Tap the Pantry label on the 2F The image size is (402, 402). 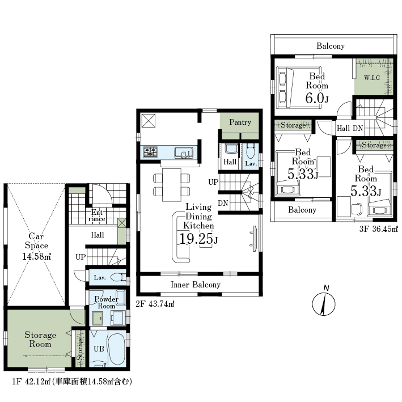[240, 122]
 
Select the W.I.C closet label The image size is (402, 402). [372, 78]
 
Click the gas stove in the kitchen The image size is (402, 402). [150, 152]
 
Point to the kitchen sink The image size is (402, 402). [184, 153]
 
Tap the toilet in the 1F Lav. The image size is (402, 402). [120, 277]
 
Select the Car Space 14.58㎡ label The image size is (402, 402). [36, 246]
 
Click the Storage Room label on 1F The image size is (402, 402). [40, 339]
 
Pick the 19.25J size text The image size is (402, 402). [198, 239]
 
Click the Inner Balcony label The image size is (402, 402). [196, 285]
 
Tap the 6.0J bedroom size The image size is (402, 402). [317, 98]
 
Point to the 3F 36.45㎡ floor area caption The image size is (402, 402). [379, 229]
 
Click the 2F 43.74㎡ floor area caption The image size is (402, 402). [155, 304]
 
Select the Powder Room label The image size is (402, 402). [107, 303]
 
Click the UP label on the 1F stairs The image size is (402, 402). [81, 257]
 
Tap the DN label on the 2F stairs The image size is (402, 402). [223, 204]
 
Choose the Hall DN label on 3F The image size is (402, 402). [350, 128]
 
